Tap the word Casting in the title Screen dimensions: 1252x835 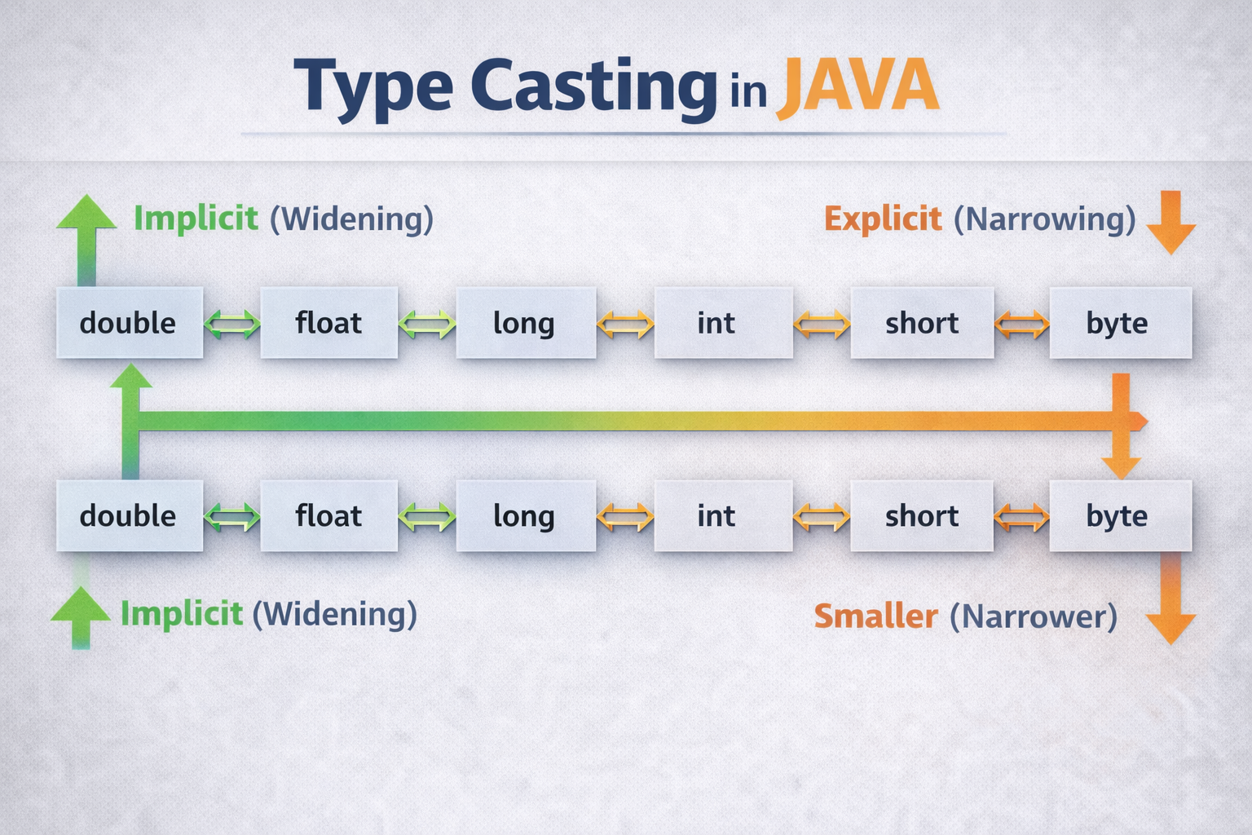coord(593,90)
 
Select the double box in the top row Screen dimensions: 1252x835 coord(130,323)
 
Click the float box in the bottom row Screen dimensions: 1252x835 coord(329,515)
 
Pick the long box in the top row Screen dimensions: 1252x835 coord(526,323)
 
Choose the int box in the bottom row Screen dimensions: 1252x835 coord(724,515)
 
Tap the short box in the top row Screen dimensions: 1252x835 coord(922,323)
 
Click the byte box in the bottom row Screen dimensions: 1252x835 coord(1121,515)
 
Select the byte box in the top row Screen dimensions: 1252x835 coord(1121,323)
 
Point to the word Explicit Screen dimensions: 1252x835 coord(883,219)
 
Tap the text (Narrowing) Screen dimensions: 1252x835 coord(1045,219)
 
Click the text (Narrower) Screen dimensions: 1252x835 coord(1034,616)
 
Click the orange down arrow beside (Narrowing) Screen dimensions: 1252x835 coord(1171,222)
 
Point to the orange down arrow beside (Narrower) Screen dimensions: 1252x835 coord(1171,599)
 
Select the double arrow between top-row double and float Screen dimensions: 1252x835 coord(232,324)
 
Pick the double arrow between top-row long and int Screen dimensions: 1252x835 coord(625,324)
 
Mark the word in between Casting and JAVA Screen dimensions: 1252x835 coord(747,93)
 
